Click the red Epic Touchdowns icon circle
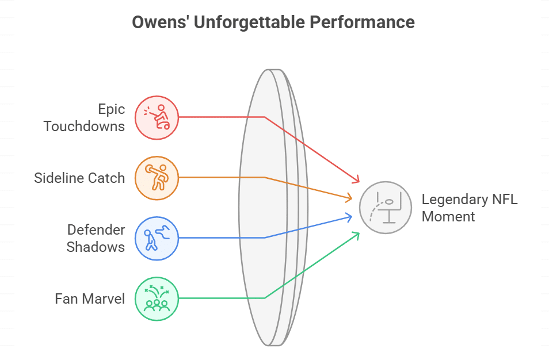point(157,117)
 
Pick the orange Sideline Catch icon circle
point(157,178)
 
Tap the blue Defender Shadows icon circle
point(157,238)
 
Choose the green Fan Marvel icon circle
point(157,298)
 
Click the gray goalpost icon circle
point(385,208)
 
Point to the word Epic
point(111,110)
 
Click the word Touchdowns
point(84,127)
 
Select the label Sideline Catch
point(79,178)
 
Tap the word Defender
point(96,230)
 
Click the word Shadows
point(96,247)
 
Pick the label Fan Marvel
point(90,298)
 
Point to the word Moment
point(448,216)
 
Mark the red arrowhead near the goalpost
point(357,180)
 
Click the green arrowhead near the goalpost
point(357,234)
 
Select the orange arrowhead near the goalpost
point(349,199)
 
